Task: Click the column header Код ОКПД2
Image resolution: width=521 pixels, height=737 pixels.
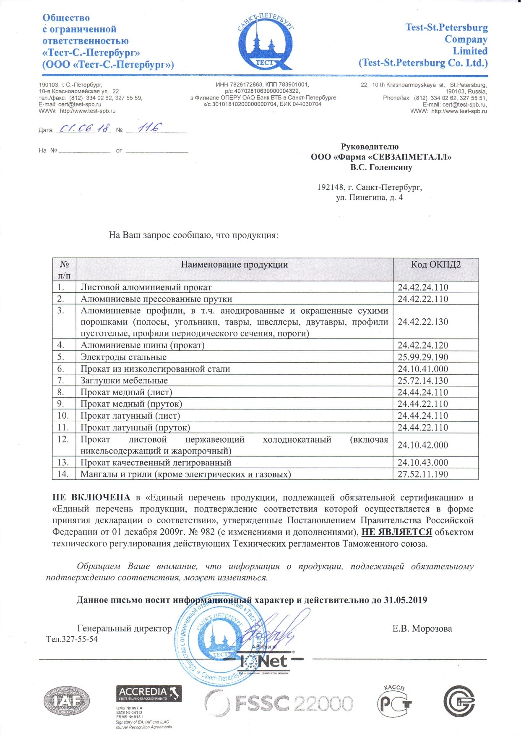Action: click(435, 265)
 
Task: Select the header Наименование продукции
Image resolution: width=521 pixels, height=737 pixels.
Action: click(234, 265)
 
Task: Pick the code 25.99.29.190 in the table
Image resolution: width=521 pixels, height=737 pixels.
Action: click(423, 357)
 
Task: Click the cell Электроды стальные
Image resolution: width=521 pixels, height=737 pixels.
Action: click(123, 357)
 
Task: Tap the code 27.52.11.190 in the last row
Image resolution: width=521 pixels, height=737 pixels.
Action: click(423, 475)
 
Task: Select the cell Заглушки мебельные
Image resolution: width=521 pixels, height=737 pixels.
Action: click(124, 381)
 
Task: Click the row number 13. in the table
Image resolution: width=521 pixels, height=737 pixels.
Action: click(63, 463)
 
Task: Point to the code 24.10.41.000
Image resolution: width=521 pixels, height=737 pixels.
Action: click(423, 369)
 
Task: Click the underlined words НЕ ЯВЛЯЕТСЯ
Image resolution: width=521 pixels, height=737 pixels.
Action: click(396, 532)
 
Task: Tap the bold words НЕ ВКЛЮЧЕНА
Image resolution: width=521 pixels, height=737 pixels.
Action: click(91, 498)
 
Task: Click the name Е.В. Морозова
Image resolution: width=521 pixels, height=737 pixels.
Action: click(422, 629)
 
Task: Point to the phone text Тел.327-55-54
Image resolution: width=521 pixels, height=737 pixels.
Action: click(72, 639)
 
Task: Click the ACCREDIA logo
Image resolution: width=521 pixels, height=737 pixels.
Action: click(149, 693)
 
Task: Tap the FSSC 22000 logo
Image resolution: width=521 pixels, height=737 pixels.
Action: click(279, 703)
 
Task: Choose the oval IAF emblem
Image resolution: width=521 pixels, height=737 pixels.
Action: click(67, 702)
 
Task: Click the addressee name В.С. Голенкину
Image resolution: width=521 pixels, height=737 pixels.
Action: click(381, 168)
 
